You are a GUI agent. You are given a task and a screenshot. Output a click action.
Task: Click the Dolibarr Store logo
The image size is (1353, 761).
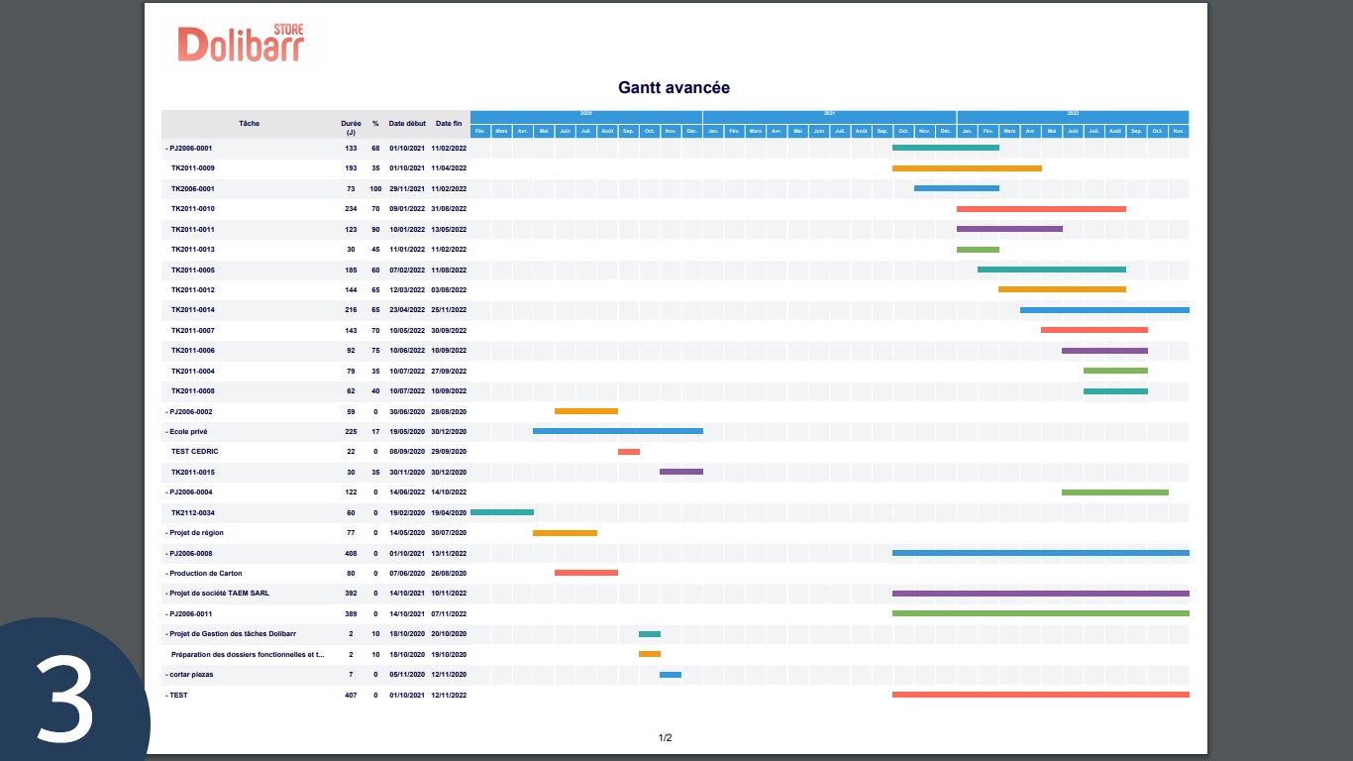tap(242, 44)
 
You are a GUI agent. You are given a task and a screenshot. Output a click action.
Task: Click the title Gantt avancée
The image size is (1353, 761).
tap(674, 87)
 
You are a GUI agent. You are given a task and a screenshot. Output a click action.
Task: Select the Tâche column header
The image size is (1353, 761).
tap(249, 124)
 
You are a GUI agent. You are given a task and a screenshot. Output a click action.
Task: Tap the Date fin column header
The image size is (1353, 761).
tap(449, 124)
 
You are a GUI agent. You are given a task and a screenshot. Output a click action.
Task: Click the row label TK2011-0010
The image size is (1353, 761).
tap(192, 209)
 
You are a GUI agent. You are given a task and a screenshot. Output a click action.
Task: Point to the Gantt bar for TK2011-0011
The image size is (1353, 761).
tap(1009, 229)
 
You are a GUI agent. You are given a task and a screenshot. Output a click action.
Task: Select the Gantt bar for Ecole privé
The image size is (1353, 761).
tap(617, 431)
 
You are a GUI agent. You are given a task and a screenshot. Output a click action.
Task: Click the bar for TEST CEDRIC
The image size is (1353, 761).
tap(628, 452)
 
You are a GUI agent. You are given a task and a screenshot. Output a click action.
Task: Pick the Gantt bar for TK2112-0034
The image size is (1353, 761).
tap(501, 512)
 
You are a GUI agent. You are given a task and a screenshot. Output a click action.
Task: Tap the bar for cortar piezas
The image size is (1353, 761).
tap(671, 675)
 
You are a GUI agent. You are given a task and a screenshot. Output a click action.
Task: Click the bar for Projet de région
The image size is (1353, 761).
tap(565, 533)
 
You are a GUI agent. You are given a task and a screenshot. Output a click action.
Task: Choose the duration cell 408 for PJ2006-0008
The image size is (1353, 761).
tap(351, 553)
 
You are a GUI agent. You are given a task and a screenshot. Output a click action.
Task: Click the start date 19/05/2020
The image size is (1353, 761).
tap(406, 432)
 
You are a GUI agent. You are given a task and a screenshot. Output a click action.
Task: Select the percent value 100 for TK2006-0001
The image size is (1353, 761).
tap(375, 188)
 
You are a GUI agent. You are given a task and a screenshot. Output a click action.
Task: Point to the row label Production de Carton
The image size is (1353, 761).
tap(205, 574)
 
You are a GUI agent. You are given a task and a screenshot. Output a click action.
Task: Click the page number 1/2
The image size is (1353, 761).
tap(666, 737)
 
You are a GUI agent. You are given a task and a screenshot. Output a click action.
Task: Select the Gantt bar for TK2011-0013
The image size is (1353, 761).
tap(978, 250)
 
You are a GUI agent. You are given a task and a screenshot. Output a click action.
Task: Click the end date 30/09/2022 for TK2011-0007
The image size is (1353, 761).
tap(449, 331)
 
